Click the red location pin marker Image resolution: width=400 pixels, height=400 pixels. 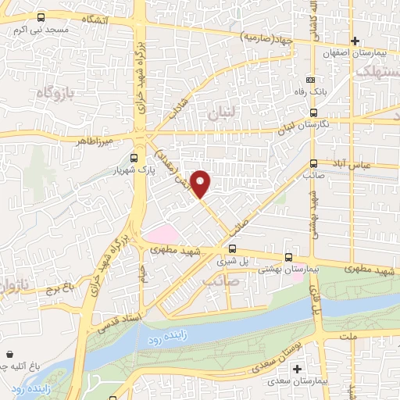pos(201,184)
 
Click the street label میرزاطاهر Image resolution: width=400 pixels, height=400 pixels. pos(95,141)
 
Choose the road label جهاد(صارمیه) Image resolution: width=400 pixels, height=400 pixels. pos(266,37)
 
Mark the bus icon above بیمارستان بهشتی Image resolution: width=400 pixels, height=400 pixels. pos(288,256)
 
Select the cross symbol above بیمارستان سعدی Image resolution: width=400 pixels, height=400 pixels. pos(296,369)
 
